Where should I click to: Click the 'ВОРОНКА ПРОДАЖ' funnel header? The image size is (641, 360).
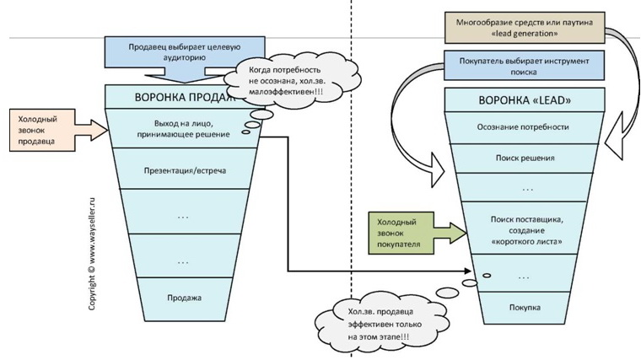(177, 96)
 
